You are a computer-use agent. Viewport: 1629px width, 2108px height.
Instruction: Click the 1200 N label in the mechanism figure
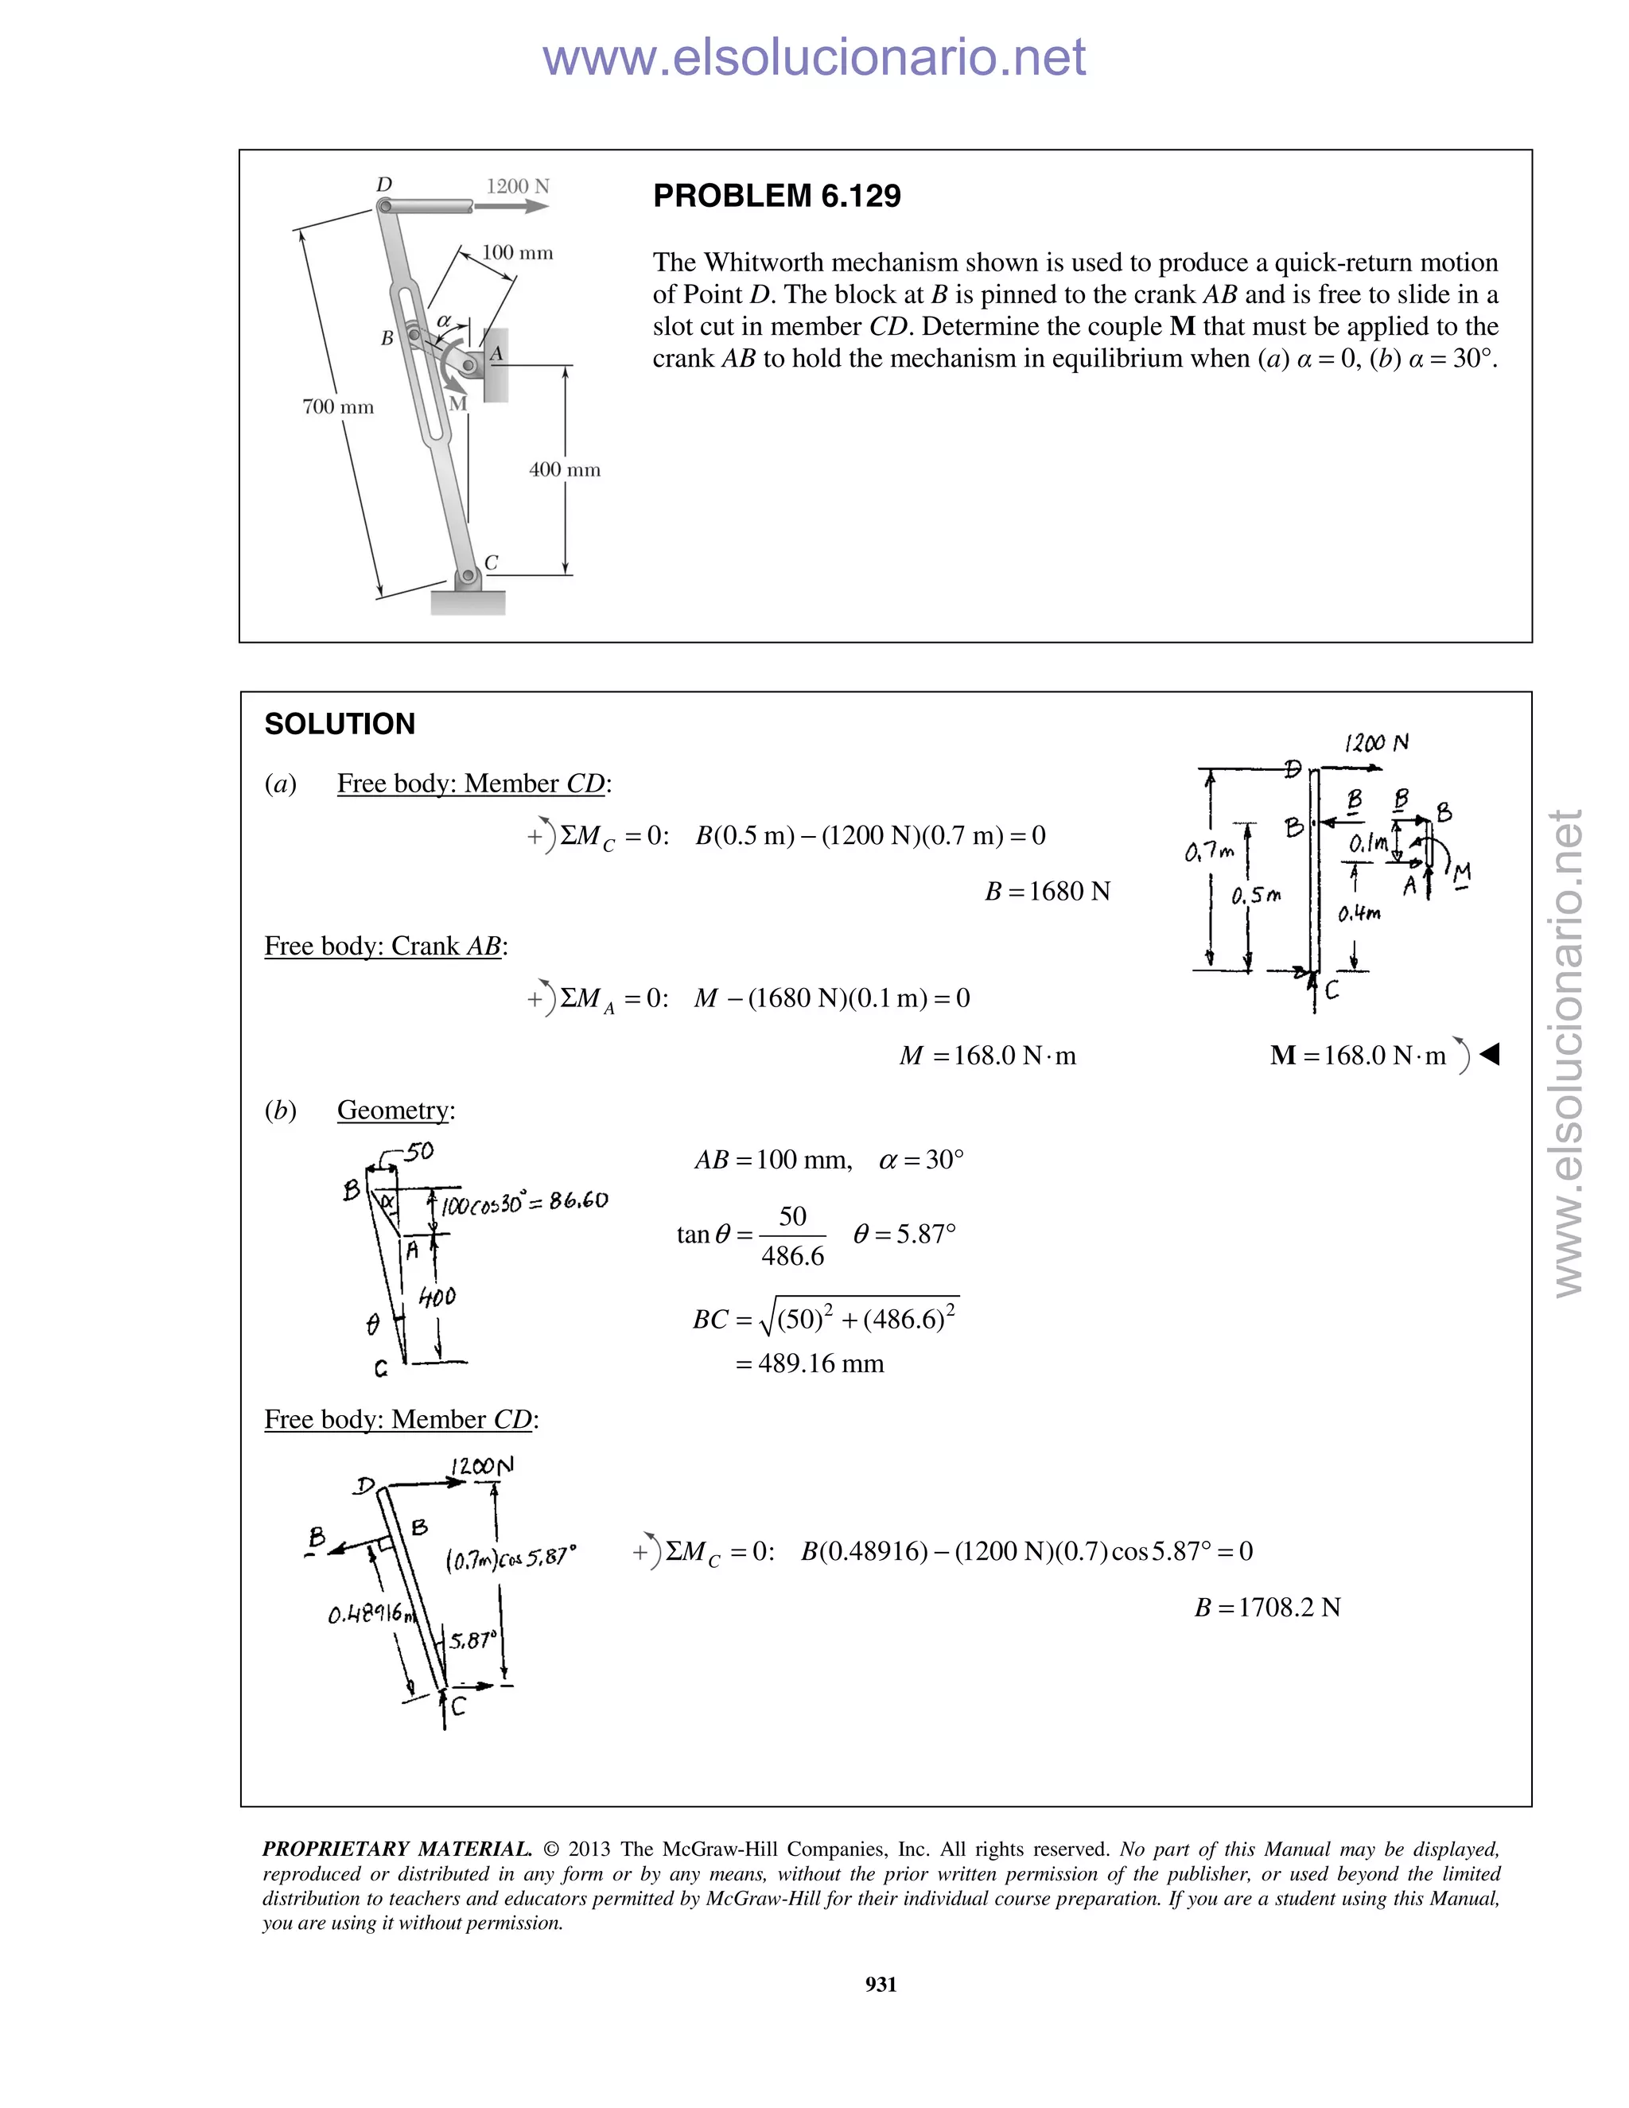pyautogui.click(x=517, y=185)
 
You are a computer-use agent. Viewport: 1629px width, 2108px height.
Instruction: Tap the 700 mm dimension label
pyautogui.click(x=338, y=406)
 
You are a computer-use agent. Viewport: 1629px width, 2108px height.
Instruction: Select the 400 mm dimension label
pyautogui.click(x=565, y=470)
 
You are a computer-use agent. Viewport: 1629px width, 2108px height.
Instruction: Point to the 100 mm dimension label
pyautogui.click(x=517, y=253)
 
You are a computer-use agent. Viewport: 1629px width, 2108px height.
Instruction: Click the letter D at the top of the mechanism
pyautogui.click(x=384, y=185)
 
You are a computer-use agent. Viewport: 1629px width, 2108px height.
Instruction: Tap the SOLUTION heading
pyautogui.click(x=340, y=724)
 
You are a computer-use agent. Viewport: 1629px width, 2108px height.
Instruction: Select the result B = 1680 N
pyautogui.click(x=1047, y=891)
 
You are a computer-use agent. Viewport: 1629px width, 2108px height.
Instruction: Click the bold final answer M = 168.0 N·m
pyautogui.click(x=1358, y=1055)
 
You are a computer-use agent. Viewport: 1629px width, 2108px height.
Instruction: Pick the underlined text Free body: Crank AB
pyautogui.click(x=385, y=946)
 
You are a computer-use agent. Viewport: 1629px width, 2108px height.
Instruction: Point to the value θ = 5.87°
pyautogui.click(x=904, y=1235)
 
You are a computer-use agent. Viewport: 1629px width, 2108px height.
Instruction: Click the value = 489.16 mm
pyautogui.click(x=810, y=1363)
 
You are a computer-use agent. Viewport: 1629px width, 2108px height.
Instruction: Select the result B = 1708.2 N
pyautogui.click(x=1267, y=1607)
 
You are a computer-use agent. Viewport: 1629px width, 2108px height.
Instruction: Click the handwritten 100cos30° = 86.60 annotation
pyautogui.click(x=524, y=1203)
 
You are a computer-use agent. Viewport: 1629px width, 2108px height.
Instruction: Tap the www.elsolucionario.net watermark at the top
pyautogui.click(x=814, y=58)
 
